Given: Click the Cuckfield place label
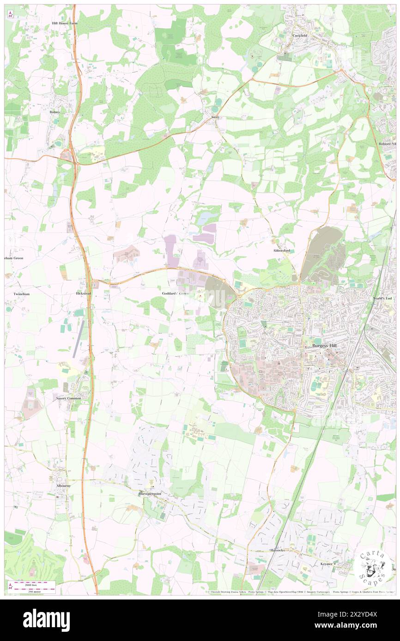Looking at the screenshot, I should [299, 35].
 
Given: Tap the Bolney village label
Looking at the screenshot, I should [55, 112].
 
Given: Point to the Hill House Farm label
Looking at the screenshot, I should [64, 23].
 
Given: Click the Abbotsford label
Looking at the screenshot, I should [281, 250].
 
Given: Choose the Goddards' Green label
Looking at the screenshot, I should [175, 293].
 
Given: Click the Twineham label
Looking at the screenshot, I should [21, 294].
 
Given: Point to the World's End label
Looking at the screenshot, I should [382, 299].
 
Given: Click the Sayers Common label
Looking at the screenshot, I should [68, 398].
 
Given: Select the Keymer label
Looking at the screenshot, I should [327, 564].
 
